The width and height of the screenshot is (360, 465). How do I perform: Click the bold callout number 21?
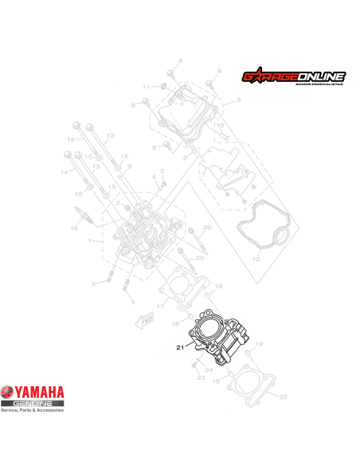coord(179,346)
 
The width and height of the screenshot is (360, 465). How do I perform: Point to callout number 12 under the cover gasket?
coord(256,260)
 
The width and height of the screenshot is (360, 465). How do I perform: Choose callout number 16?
coord(73,229)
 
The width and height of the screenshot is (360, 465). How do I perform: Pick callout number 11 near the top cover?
coord(146,86)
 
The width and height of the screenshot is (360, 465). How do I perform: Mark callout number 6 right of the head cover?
coord(238,101)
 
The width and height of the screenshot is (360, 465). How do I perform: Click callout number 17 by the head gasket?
coord(160,306)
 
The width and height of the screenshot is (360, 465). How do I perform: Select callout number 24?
coord(209,369)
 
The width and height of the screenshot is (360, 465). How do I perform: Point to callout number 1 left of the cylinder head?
coord(91,240)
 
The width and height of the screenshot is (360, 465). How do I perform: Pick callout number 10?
coord(220,126)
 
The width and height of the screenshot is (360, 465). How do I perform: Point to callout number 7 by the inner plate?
coord(204,174)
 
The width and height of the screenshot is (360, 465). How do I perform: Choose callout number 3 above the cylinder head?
coord(161,171)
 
